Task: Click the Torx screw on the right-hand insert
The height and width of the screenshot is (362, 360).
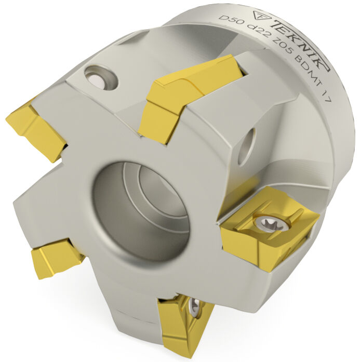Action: [x=271, y=222]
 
